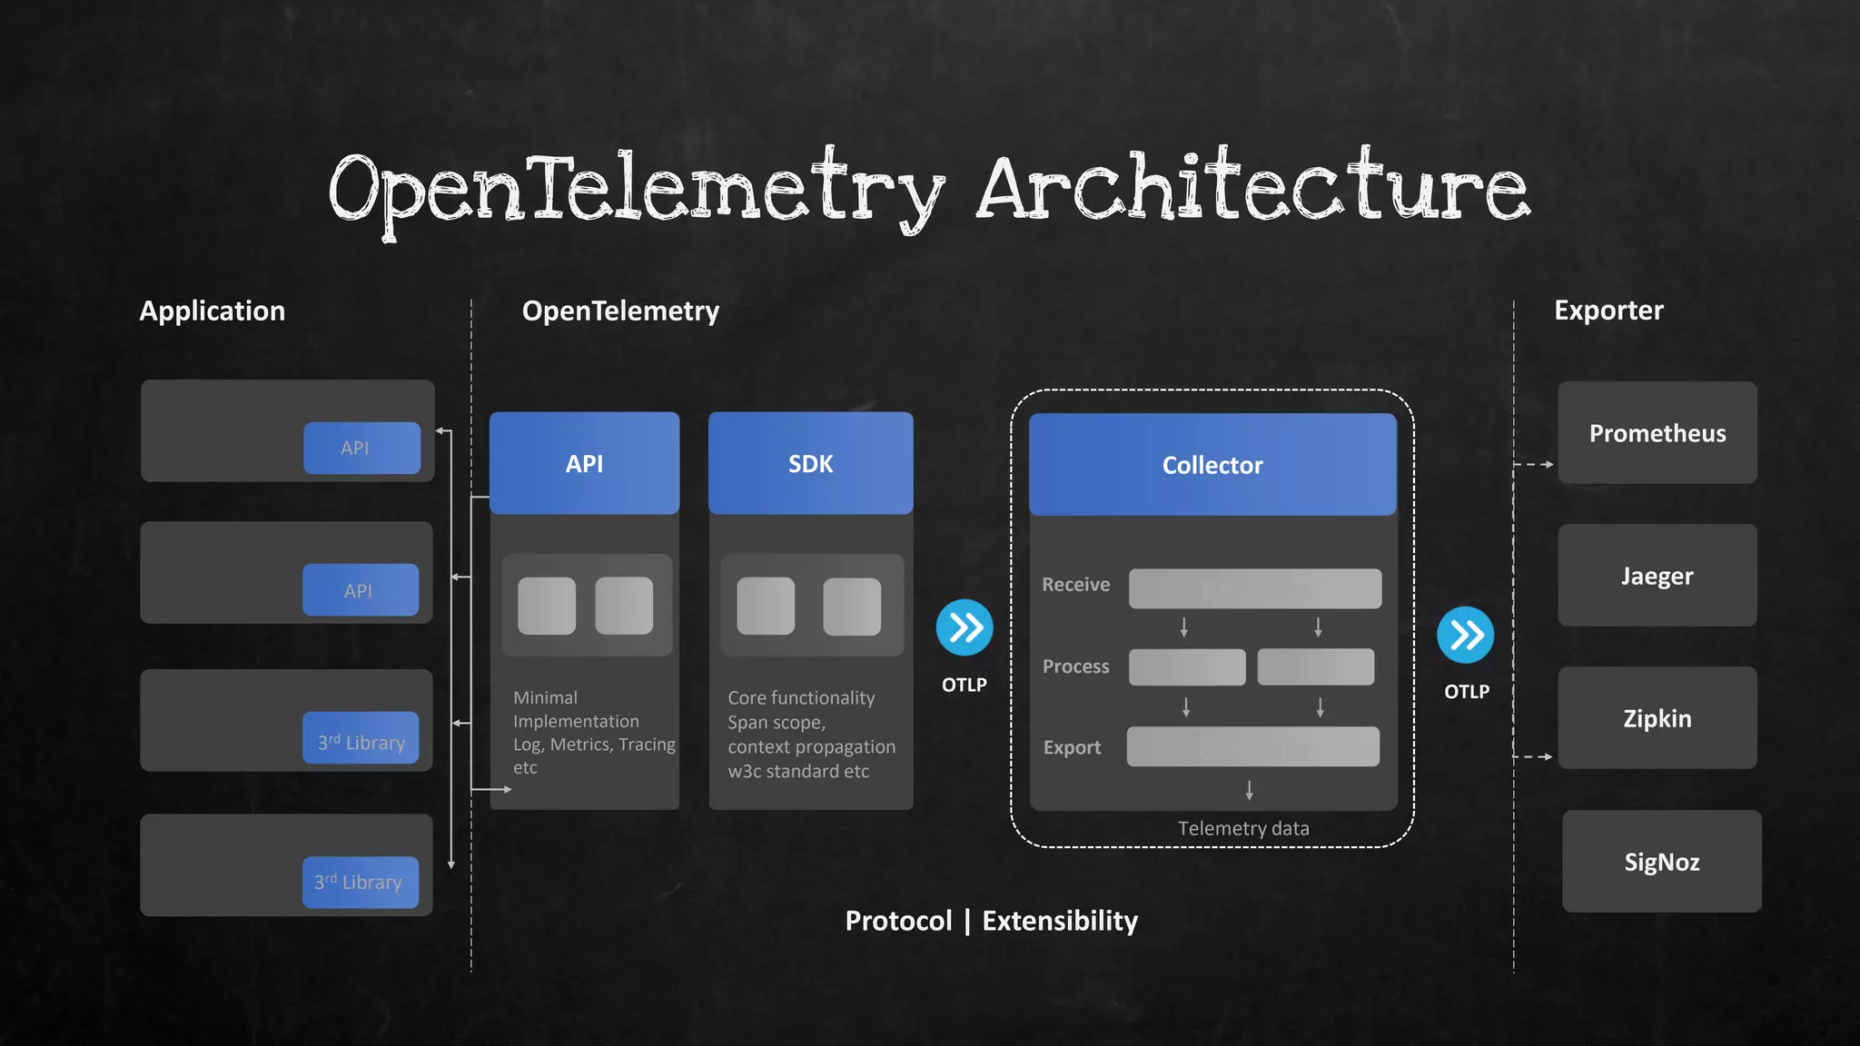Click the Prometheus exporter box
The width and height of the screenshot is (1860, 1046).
pos(1657,433)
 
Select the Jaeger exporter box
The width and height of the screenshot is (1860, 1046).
pos(1657,576)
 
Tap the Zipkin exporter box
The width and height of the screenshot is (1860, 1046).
pos(1657,718)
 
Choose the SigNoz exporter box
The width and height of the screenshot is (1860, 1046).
pos(1661,862)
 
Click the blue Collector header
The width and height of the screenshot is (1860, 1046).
pos(1212,465)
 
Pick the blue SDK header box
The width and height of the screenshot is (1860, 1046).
pos(810,464)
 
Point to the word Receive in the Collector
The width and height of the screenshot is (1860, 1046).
pos(1075,585)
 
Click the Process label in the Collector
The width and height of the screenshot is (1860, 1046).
pos(1075,666)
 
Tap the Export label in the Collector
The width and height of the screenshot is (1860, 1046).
pos(1072,747)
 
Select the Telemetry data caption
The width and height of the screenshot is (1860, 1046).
pos(1243,828)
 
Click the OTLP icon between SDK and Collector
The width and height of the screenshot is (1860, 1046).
pos(965,627)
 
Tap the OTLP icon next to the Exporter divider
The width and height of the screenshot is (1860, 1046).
pos(1466,635)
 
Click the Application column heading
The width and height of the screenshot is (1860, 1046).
pos(212,311)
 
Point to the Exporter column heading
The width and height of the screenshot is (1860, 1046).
pos(1608,311)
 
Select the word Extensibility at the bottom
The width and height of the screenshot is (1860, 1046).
pos(1060,921)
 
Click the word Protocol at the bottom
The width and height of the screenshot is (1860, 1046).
pos(898,921)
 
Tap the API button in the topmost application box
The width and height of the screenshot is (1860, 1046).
pos(361,448)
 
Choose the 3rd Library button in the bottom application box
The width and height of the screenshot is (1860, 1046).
pos(360,882)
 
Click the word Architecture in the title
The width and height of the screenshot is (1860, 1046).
pos(1253,189)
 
